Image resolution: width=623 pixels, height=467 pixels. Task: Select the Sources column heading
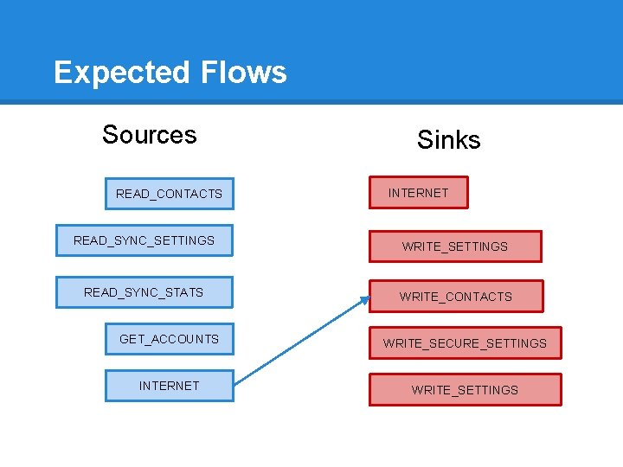pyautogui.click(x=149, y=135)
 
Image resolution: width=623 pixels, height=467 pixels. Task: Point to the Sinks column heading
pyautogui.click(x=448, y=139)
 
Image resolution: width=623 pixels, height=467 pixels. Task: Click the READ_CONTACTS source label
pyautogui.click(x=169, y=194)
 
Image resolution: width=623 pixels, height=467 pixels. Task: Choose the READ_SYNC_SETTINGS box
pyautogui.click(x=145, y=240)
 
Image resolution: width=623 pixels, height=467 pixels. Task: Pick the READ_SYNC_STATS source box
pyautogui.click(x=145, y=292)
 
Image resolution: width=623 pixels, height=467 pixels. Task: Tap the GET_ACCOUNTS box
pyautogui.click(x=170, y=339)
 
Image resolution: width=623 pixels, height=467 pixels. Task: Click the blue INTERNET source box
pyautogui.click(x=170, y=386)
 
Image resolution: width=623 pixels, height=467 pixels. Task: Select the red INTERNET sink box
pyautogui.click(x=418, y=193)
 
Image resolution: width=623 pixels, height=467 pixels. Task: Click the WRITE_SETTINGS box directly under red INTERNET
pyautogui.click(x=455, y=246)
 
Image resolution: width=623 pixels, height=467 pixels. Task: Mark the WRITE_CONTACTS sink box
pyautogui.click(x=456, y=297)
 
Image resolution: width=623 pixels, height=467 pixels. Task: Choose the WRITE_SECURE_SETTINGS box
pyautogui.click(x=466, y=343)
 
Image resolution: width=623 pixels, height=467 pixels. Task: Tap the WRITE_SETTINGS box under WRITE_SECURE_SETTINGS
pyautogui.click(x=466, y=390)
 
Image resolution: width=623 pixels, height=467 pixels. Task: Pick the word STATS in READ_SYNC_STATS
pyautogui.click(x=184, y=292)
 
